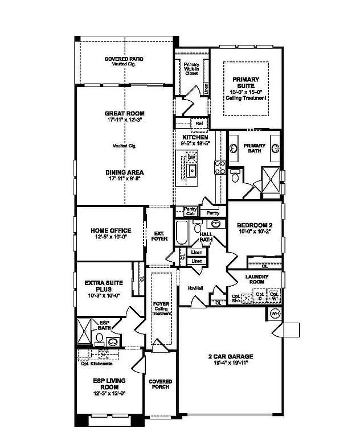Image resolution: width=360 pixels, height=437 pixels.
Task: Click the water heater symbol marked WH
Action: point(275,314)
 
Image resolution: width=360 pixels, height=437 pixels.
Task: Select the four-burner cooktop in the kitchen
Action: point(219,167)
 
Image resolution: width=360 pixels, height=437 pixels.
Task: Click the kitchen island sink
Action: point(193,171)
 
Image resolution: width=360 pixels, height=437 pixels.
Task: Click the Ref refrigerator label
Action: point(199,123)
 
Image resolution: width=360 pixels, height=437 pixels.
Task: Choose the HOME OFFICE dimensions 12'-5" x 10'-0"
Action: point(111,238)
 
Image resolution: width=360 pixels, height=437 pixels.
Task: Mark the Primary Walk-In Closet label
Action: point(191,68)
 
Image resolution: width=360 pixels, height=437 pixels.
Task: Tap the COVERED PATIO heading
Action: point(124,59)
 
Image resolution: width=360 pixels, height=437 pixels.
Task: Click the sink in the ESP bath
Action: point(112,342)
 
